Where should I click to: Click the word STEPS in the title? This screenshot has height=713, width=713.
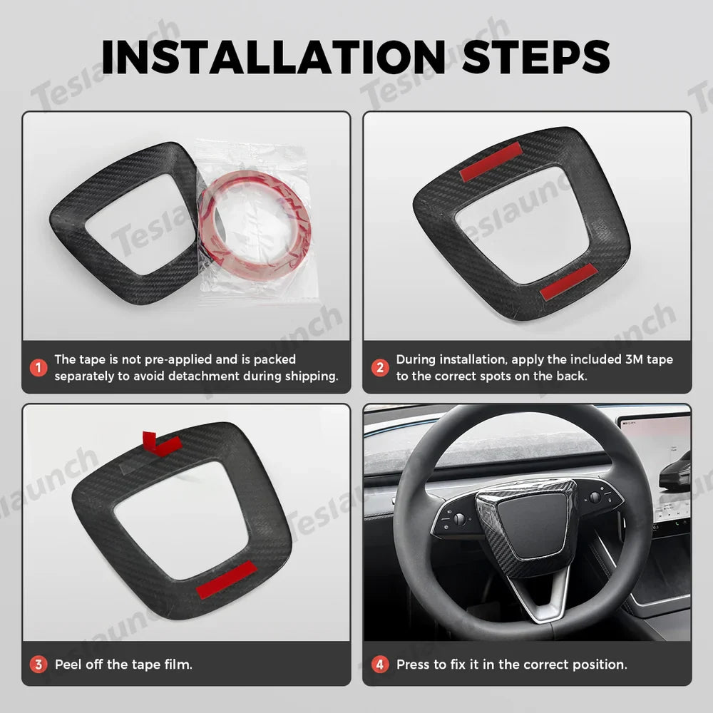(536, 57)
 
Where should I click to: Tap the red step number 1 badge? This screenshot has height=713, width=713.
(38, 368)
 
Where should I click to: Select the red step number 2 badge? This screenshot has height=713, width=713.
(380, 368)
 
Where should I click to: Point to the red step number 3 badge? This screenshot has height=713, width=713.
(38, 665)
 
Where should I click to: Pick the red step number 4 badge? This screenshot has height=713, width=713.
(380, 665)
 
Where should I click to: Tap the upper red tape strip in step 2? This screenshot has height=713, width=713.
(491, 162)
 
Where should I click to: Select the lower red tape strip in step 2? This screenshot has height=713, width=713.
(568, 282)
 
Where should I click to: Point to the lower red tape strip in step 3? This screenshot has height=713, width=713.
(226, 579)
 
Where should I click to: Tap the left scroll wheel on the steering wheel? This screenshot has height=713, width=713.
(459, 519)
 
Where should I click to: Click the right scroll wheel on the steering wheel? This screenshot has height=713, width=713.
(594, 497)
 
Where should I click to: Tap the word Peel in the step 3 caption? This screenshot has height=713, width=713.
(69, 665)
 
